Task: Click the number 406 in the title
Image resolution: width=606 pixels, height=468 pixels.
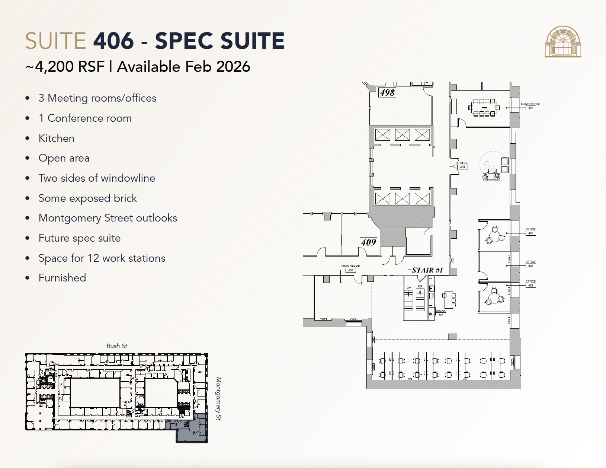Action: tap(113, 41)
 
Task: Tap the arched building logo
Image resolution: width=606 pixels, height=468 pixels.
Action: tap(563, 42)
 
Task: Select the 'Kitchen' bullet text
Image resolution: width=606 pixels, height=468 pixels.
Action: tap(57, 138)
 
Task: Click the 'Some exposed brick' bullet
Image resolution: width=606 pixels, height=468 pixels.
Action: tap(87, 198)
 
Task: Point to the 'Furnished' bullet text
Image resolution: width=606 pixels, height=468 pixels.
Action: tap(62, 278)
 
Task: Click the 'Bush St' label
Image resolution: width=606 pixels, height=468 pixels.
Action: tap(117, 346)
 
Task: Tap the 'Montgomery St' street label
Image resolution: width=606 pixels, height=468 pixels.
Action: tap(218, 399)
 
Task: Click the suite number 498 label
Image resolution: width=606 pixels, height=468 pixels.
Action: tap(387, 92)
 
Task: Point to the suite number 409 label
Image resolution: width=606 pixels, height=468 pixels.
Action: tap(368, 242)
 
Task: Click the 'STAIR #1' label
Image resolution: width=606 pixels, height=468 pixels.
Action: tap(427, 270)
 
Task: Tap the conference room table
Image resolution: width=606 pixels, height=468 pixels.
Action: tap(484, 108)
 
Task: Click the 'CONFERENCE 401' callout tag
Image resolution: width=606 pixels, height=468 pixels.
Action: tap(530, 106)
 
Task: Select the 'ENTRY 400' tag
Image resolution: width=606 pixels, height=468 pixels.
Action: tap(462, 165)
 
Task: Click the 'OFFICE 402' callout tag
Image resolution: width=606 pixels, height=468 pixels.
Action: tap(530, 264)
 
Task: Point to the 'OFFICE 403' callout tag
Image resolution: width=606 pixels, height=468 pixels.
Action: tap(530, 284)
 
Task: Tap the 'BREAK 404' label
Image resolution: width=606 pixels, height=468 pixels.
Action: tap(441, 313)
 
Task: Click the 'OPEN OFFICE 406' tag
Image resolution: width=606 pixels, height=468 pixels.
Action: tap(350, 268)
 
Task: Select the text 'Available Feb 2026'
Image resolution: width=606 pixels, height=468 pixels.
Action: tap(183, 67)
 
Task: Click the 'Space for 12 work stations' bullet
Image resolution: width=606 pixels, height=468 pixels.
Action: tap(102, 258)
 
